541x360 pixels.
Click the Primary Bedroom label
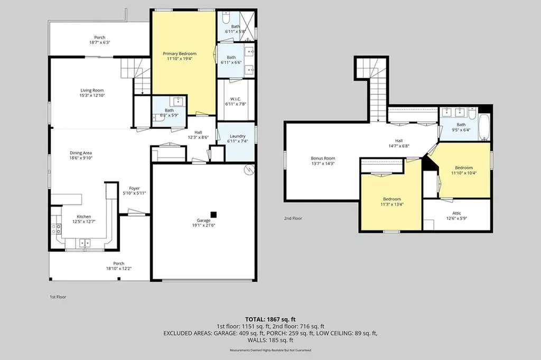pos(180,53)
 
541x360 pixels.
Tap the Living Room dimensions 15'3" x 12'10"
pos(92,95)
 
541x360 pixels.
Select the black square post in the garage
pos(213,215)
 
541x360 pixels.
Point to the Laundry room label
pos(238,136)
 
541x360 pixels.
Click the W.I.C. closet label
pos(236,99)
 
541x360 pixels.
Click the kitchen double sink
pos(85,243)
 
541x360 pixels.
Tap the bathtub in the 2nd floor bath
pos(484,127)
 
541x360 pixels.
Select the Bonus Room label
pos(323,159)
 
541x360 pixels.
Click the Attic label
pos(456,213)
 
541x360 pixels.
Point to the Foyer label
pos(134,188)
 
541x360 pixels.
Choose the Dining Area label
pos(81,153)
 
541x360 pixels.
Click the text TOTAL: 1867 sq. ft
pos(270,319)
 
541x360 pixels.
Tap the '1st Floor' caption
pos(58,297)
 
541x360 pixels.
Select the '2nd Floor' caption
pos(293,218)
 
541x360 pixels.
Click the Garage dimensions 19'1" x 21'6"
pos(203,225)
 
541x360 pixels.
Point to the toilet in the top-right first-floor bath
pos(226,17)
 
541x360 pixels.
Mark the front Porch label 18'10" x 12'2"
pos(119,266)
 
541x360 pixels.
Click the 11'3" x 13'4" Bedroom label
pos(392,201)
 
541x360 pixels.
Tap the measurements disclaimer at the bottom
pos(270,350)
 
